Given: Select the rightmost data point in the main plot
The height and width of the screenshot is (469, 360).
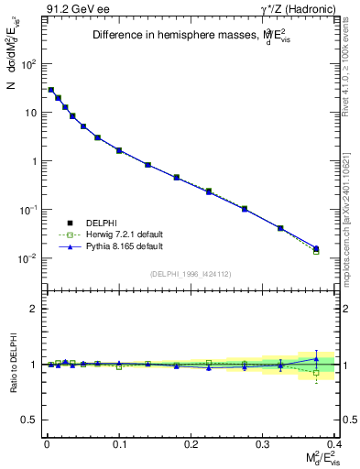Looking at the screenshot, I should [316, 248].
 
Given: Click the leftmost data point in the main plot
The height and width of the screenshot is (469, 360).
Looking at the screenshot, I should [51, 90].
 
